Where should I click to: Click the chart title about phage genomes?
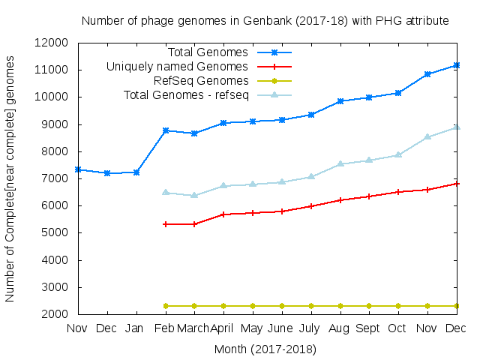(265, 21)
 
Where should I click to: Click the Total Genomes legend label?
(208, 52)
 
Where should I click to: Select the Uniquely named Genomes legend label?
(177, 67)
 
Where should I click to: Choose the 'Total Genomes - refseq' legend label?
(185, 94)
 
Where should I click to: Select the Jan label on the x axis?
(136, 328)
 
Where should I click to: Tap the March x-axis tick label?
(194, 328)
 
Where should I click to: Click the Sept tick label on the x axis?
(368, 328)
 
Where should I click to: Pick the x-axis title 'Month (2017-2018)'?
(265, 349)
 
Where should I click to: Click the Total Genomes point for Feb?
(165, 130)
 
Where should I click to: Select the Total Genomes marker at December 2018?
(456, 65)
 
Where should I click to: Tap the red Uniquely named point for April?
(223, 214)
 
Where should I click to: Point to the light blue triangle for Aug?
(340, 163)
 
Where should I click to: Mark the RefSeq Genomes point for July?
(310, 306)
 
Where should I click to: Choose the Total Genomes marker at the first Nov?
(78, 169)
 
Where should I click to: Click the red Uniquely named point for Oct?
(397, 192)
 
